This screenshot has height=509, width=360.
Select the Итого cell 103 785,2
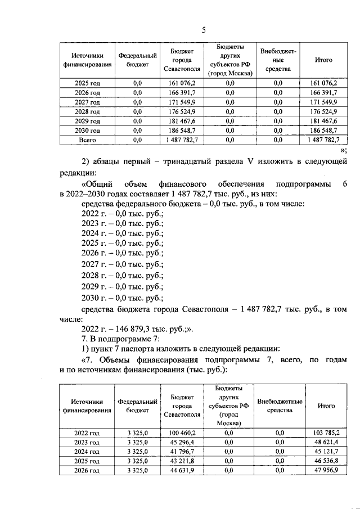click(326, 433)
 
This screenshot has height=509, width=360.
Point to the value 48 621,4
click(326, 442)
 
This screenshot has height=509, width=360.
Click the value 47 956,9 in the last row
click(326, 470)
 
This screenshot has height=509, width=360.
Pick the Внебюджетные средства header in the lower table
click(280, 406)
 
